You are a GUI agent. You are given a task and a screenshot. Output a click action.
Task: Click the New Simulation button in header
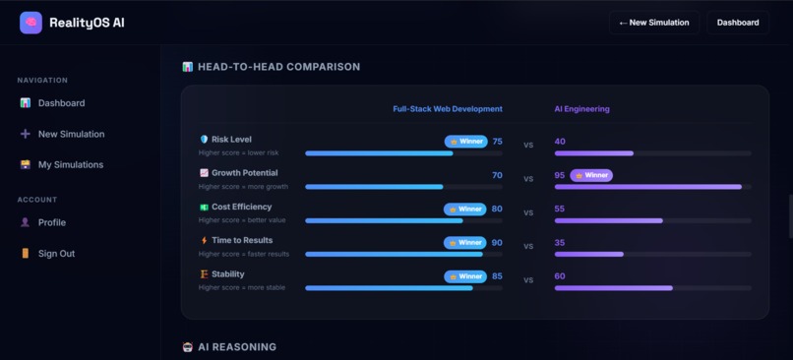point(654,22)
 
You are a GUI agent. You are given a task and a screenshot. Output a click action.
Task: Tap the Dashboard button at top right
point(737,22)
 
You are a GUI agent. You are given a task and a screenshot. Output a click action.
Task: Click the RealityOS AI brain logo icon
point(30,22)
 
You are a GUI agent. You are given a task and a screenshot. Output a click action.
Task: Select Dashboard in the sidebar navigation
point(61,103)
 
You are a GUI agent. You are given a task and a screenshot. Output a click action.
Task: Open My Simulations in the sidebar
point(70,165)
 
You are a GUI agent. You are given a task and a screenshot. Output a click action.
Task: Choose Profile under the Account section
point(51,223)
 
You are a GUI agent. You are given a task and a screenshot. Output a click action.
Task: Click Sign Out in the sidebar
point(56,254)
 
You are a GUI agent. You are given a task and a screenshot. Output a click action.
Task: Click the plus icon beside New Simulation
point(26,134)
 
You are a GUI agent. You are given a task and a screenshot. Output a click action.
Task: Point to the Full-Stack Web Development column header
point(448,109)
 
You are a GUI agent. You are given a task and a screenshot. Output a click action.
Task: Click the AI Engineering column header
point(581,109)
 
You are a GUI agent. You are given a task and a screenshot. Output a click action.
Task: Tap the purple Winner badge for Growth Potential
point(591,175)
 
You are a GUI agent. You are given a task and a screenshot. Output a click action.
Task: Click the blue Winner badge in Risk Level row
point(465,142)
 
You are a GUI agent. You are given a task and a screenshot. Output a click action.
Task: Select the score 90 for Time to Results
point(497,242)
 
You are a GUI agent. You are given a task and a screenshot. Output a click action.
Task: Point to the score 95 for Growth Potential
point(560,175)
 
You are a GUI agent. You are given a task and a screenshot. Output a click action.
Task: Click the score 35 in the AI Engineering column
point(560,242)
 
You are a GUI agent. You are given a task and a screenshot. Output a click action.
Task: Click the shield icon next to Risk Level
point(204,140)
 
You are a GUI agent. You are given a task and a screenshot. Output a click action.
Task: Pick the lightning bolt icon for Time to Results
point(204,240)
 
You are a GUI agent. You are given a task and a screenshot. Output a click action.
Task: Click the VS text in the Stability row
point(528,280)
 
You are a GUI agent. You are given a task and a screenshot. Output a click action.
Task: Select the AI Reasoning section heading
point(236,347)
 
